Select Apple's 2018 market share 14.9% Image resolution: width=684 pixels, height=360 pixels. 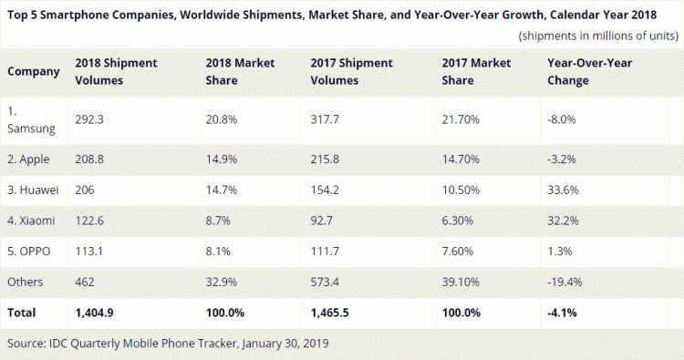[223, 160]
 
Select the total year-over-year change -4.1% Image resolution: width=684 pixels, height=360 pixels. [562, 312]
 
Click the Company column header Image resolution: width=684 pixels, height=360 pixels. [34, 73]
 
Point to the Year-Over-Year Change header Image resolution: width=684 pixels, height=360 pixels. [587, 73]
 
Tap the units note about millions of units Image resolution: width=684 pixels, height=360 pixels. [597, 36]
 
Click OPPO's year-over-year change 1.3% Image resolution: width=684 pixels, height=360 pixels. [557, 252]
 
